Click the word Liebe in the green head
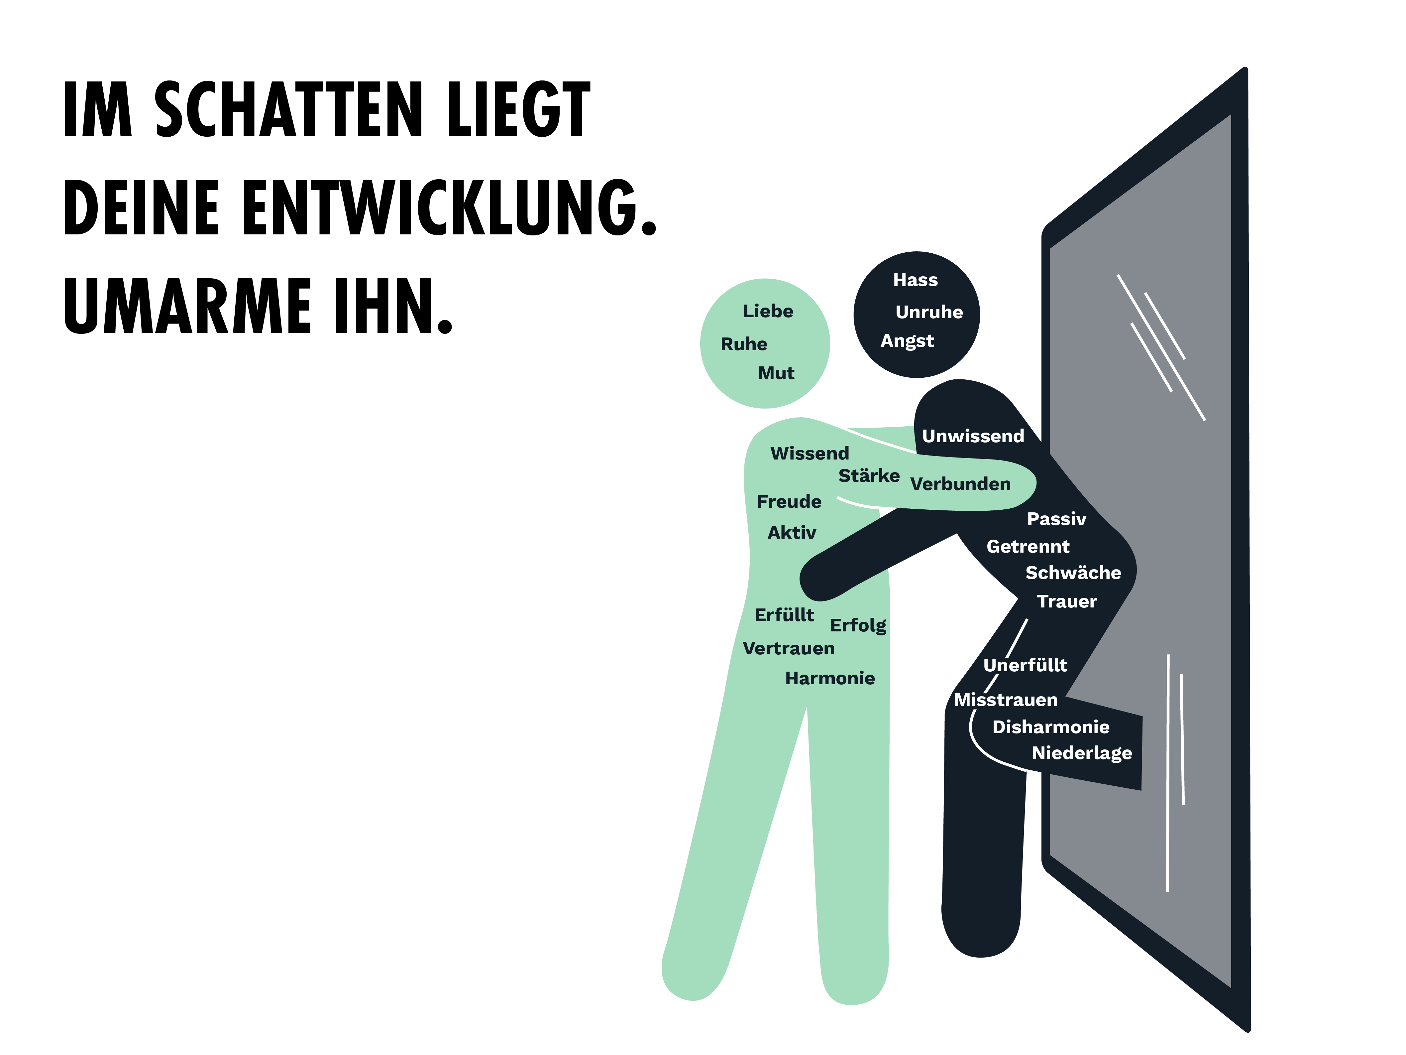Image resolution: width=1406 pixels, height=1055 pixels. (x=768, y=311)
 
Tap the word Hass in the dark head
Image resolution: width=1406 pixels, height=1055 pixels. (x=915, y=280)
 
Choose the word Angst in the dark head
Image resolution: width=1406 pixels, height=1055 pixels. (x=907, y=341)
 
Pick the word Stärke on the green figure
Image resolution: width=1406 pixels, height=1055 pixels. (x=869, y=476)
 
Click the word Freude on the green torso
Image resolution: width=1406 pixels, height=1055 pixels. (x=789, y=502)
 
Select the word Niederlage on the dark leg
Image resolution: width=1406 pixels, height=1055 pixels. (x=1082, y=753)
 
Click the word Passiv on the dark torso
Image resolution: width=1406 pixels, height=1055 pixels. (x=1056, y=519)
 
